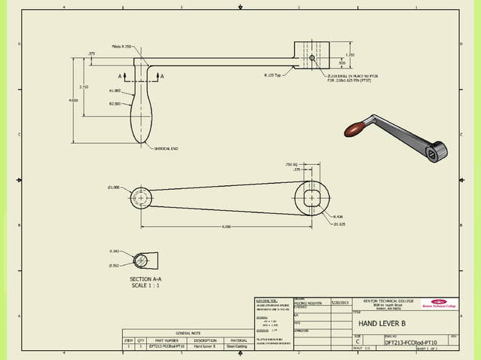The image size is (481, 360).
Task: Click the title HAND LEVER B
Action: [x=381, y=324]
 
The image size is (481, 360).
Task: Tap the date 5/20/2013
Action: [x=341, y=302]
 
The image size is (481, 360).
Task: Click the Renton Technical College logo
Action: [x=439, y=304]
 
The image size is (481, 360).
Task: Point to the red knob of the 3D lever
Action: [x=355, y=130]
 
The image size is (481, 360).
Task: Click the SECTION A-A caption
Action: [x=146, y=279]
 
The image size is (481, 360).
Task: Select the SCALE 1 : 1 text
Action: [x=146, y=285]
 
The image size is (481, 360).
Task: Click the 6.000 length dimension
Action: [x=225, y=227]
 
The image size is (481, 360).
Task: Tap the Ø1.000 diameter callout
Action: [x=114, y=187]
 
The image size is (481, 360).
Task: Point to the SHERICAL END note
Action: [x=165, y=148]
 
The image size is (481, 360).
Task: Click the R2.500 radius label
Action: [x=115, y=104]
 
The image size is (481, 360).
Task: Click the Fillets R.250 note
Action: [x=121, y=46]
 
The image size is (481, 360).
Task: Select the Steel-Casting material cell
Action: [x=238, y=347]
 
